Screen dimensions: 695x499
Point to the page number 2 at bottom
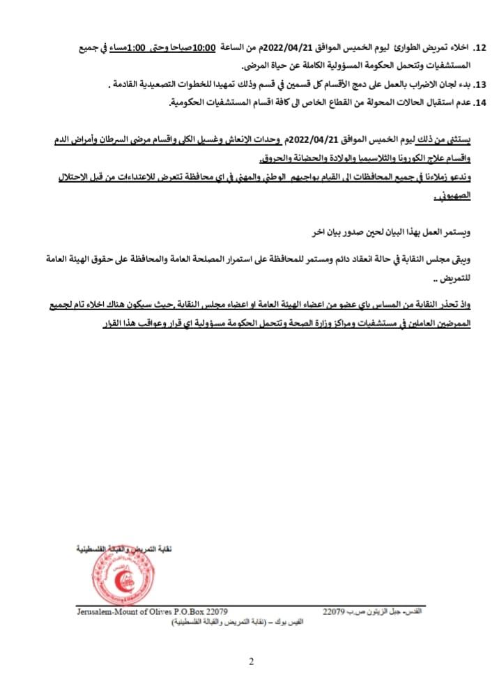(251, 661)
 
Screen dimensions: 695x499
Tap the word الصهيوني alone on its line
(456, 197)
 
